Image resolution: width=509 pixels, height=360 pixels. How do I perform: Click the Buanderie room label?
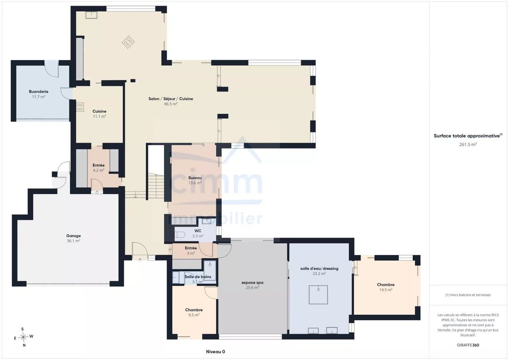tap(38, 92)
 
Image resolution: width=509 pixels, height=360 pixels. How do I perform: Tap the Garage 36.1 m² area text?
tap(74, 238)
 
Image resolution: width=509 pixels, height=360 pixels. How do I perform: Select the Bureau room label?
tap(195, 178)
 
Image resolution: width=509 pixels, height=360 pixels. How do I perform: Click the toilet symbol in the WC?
tap(180, 235)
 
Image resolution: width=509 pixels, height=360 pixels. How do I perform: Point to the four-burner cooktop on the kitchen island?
tap(128, 42)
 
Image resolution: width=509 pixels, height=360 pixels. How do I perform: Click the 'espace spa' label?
tap(253, 283)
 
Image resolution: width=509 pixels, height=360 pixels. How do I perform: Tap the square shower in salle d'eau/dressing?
tap(318, 294)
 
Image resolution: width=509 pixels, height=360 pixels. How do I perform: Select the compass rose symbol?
tap(24, 337)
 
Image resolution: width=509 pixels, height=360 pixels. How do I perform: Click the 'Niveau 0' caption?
tap(216, 352)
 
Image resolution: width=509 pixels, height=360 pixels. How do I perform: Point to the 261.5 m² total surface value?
tap(468, 144)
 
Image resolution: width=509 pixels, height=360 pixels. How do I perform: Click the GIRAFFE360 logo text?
tap(468, 345)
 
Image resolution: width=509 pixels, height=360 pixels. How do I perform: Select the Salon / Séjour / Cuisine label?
tap(171, 99)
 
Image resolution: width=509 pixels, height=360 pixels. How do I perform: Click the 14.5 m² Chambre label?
tap(385, 287)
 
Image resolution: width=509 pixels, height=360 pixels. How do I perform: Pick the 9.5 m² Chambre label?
tap(194, 312)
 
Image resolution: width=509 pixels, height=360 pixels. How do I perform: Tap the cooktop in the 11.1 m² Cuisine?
tap(80, 107)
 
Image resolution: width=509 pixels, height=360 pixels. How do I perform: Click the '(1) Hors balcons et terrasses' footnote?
tap(468, 295)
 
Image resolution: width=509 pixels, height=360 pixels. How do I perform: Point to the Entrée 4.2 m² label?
tap(99, 168)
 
